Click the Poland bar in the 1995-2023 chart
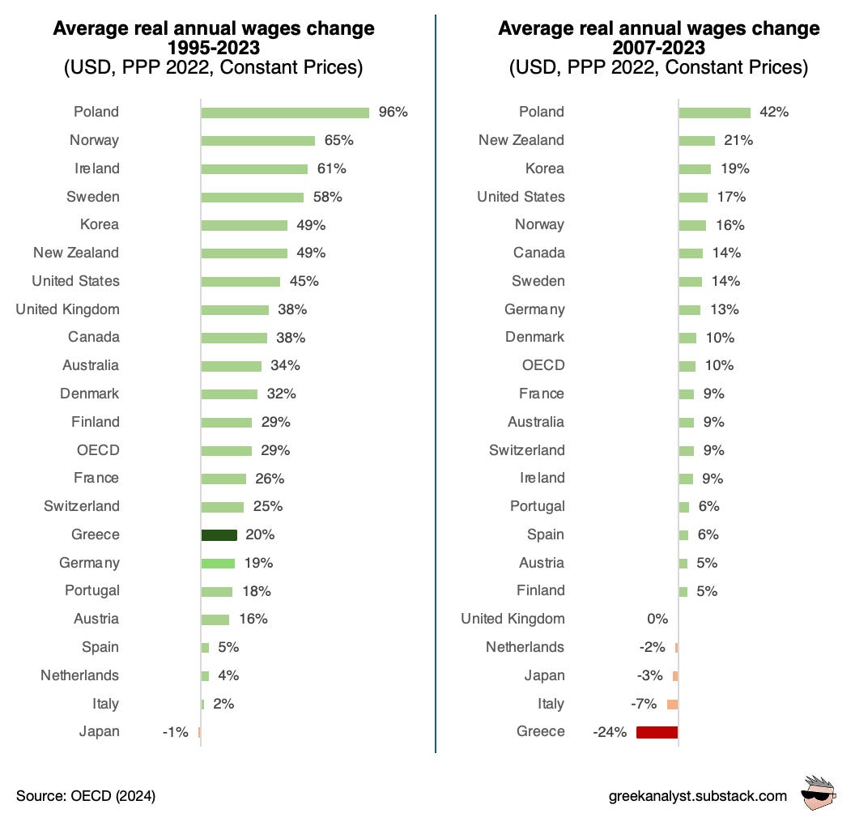click(x=285, y=113)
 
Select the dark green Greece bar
click(x=219, y=535)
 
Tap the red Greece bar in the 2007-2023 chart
click(x=657, y=732)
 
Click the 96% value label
click(x=393, y=113)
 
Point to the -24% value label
click(x=610, y=732)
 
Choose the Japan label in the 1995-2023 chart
click(x=99, y=732)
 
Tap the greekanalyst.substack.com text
click(x=697, y=796)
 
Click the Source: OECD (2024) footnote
click(x=86, y=796)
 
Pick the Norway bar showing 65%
click(x=257, y=141)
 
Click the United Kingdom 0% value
click(x=657, y=619)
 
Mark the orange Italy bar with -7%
click(x=672, y=705)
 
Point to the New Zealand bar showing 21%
click(x=696, y=141)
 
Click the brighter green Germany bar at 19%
click(x=218, y=564)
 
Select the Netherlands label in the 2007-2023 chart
click(x=525, y=648)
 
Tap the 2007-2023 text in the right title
click(x=658, y=48)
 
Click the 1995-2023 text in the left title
click(x=213, y=48)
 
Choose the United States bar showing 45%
click(x=240, y=282)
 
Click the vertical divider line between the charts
click(x=436, y=405)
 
